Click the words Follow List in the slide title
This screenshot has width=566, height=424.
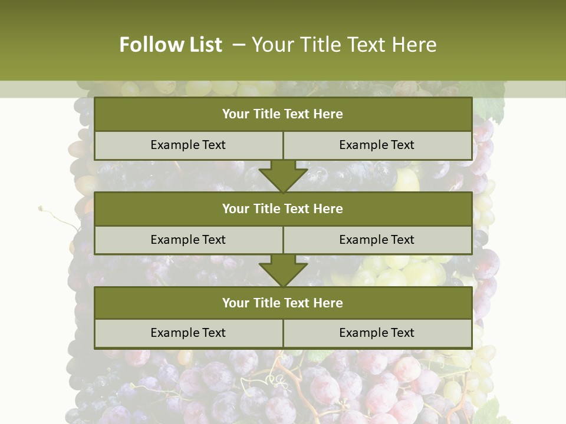(x=170, y=45)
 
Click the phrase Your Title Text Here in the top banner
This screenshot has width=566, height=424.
(x=344, y=45)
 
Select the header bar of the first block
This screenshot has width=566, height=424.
(x=283, y=114)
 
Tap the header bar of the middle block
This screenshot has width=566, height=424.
(x=283, y=208)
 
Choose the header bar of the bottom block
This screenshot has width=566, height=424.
(x=283, y=303)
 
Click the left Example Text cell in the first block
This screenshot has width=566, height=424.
(x=188, y=145)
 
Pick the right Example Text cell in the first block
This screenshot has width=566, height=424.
(x=377, y=145)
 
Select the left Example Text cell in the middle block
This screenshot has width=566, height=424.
(x=188, y=240)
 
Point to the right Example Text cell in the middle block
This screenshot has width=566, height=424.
(x=377, y=240)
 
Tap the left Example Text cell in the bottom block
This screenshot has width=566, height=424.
(x=188, y=333)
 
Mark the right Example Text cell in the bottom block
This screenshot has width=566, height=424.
(x=377, y=333)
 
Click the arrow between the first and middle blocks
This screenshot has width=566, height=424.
(x=283, y=176)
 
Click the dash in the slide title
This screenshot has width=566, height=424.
(x=239, y=44)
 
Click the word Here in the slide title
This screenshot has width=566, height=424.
(x=416, y=45)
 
